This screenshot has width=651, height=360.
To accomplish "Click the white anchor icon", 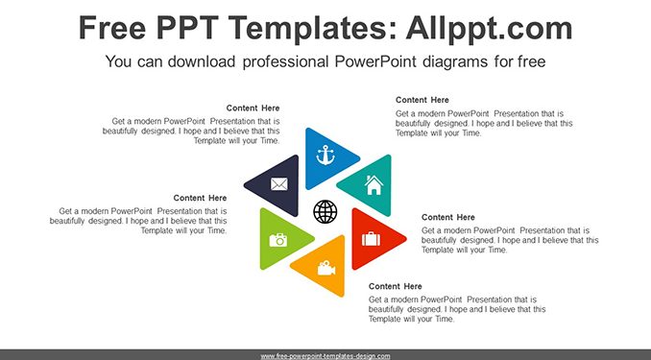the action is tap(325, 156).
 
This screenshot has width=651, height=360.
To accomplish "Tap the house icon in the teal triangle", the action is tap(374, 184).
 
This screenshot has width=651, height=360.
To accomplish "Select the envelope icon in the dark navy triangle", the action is tap(279, 184).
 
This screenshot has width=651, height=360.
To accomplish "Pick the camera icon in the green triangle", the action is tap(278, 240).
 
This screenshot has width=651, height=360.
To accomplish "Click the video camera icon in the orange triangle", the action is tap(326, 268).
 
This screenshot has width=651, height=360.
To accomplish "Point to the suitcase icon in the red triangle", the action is tap(371, 238).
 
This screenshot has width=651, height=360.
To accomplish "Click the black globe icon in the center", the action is tap(325, 211).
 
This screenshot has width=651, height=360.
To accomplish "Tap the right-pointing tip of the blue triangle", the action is tap(359, 158).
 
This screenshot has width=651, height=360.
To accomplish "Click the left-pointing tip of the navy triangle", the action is tap(245, 185).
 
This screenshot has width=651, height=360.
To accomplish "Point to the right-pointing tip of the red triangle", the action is tap(405, 239).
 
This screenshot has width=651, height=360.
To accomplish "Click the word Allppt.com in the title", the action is tap(489, 28).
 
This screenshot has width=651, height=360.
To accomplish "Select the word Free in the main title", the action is tap(112, 28).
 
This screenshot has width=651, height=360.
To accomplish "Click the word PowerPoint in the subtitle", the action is tap(375, 61).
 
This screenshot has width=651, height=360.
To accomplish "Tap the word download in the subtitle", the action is tap(202, 61).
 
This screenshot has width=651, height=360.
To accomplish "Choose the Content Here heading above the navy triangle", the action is tap(253, 108).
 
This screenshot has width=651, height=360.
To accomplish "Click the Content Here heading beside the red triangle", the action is tap(448, 217).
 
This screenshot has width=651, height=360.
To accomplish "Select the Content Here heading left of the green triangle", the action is tap(200, 198).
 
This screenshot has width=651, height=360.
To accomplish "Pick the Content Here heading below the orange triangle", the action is tap(396, 286).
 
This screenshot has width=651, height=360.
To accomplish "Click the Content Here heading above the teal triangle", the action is tap(422, 100).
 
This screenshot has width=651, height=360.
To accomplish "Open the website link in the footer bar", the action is tap(325, 356).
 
